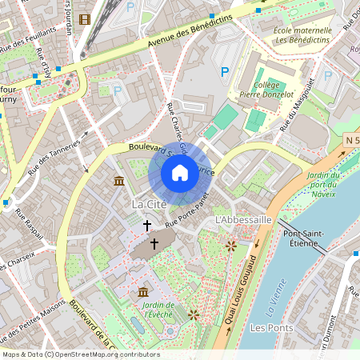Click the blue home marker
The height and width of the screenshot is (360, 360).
[x=180, y=173]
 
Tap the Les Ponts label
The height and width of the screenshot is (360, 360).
[x=268, y=328]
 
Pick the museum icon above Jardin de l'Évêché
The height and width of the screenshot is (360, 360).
[x=143, y=292]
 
